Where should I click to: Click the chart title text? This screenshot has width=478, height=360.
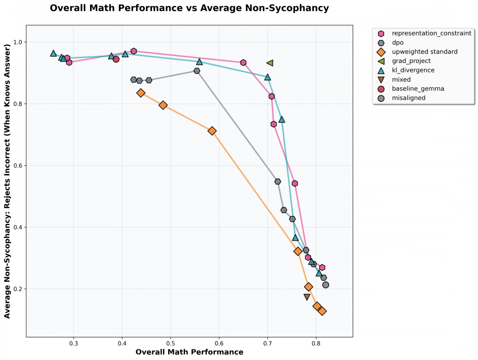189,8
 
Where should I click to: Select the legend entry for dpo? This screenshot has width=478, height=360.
398,43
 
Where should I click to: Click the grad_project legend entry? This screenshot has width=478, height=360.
411,61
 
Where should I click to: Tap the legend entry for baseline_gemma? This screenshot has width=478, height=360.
418,89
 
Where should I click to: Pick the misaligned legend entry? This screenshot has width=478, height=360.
409,98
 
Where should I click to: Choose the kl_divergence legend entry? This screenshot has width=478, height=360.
413,70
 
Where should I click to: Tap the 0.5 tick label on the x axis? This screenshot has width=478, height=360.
171,343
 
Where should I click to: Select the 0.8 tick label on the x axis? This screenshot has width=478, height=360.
316,343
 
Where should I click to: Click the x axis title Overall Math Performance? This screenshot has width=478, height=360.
189,352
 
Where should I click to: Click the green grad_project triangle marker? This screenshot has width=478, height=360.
270,63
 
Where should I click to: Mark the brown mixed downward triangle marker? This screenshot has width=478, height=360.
307,297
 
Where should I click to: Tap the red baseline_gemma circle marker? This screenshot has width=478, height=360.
116,59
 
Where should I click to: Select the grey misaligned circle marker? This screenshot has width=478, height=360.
326,285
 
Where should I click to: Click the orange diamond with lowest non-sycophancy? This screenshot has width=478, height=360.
322,311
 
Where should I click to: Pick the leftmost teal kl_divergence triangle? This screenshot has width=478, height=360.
53,53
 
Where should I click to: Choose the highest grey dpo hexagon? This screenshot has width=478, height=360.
197,71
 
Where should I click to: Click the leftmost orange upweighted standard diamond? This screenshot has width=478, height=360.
141,93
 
